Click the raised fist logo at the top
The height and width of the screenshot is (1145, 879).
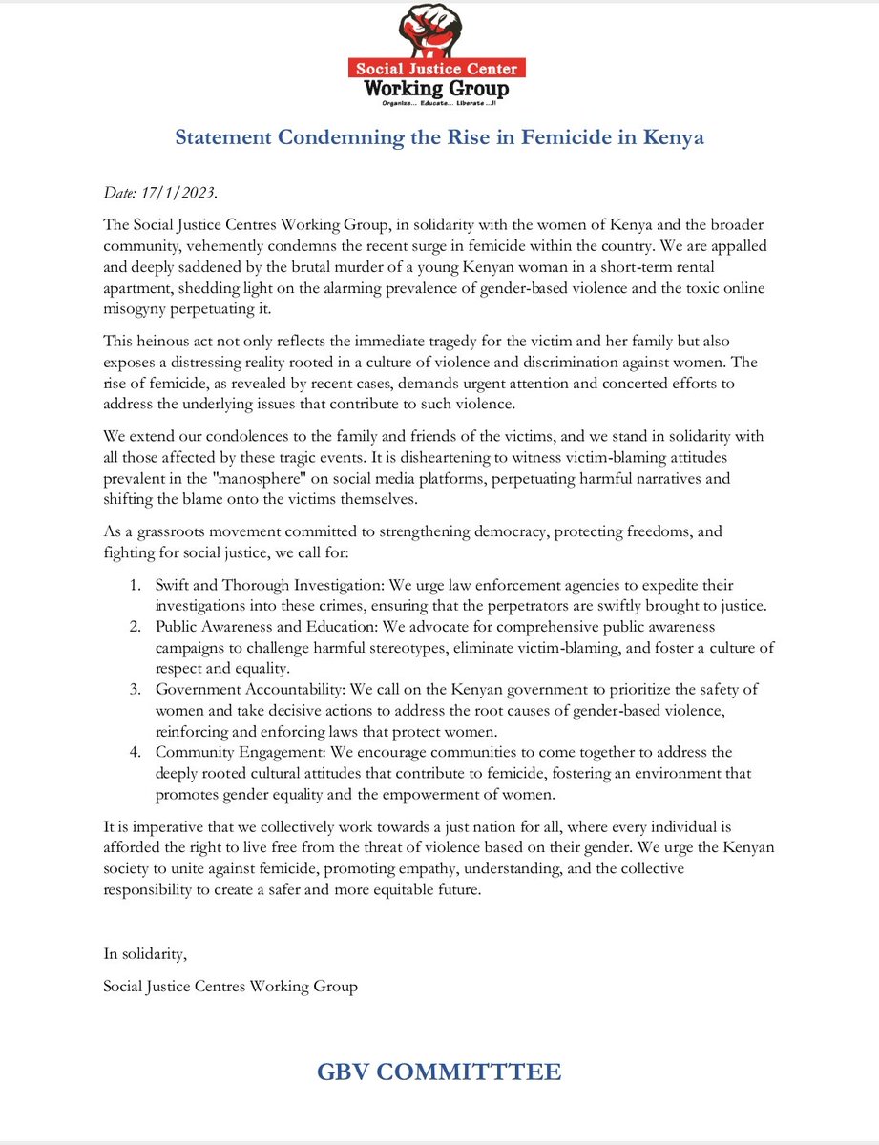(x=438, y=31)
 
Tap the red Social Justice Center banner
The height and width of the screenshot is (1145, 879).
(x=438, y=70)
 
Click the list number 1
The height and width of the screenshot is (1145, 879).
(x=136, y=584)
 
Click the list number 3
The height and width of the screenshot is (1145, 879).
(x=136, y=689)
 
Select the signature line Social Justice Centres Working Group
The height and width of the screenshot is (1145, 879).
(x=230, y=987)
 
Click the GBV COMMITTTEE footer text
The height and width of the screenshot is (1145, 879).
(x=439, y=1072)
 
